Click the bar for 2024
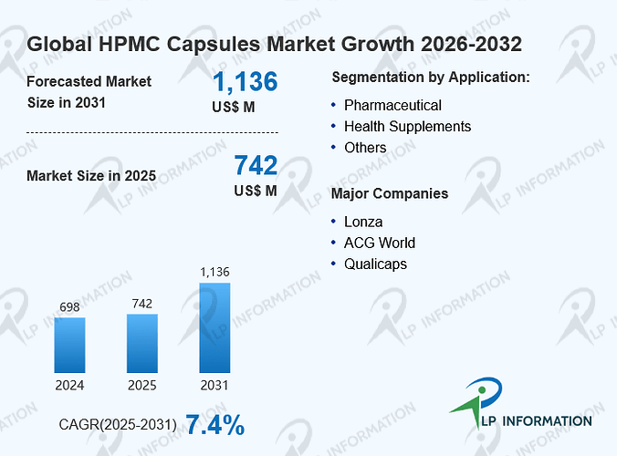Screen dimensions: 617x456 (69, 345)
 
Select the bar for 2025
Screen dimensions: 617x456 (142, 344)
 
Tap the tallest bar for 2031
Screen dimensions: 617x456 (214, 327)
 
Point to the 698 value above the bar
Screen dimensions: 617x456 (69, 307)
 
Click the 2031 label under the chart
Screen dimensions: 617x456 (214, 385)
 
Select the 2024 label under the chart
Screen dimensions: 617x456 (69, 385)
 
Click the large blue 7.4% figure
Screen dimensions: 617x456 (214, 425)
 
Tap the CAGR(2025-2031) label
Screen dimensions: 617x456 (118, 425)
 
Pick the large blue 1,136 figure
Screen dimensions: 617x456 (246, 82)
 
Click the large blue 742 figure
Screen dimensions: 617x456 (256, 165)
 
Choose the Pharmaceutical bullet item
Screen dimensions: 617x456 (392, 106)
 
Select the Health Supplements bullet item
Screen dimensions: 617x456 (407, 127)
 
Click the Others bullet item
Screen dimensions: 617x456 (365, 148)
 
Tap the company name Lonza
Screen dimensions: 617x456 (363, 223)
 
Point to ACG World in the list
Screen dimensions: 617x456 (380, 243)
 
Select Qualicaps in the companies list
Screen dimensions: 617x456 (375, 264)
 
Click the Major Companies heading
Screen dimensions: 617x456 (390, 193)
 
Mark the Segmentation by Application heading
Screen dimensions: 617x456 (431, 78)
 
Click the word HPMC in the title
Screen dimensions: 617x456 (130, 44)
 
